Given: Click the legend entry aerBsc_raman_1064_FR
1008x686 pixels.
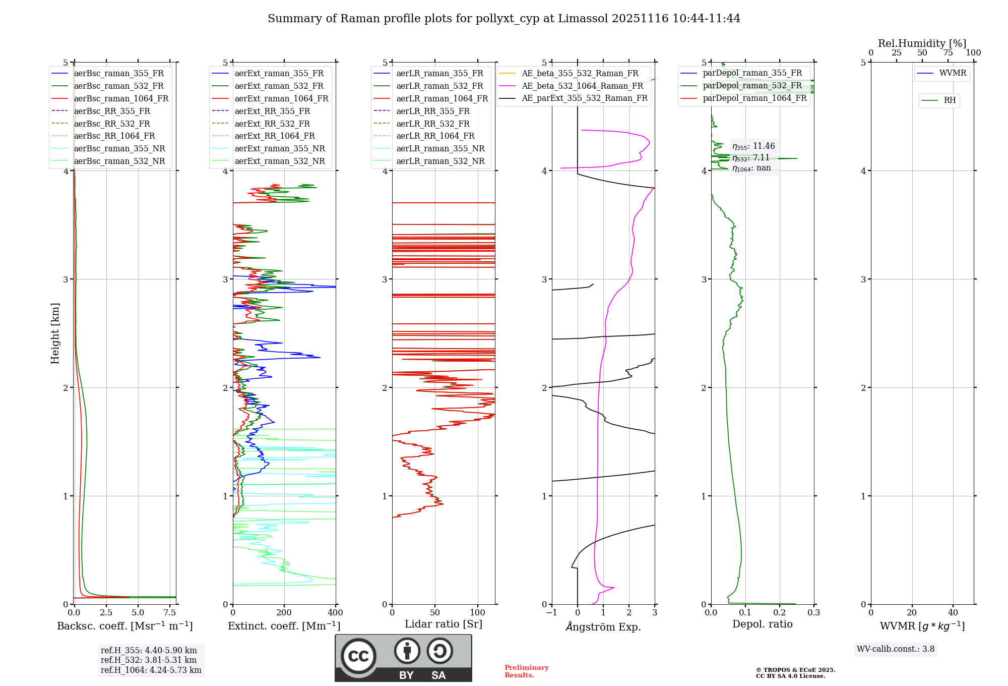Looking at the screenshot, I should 121,99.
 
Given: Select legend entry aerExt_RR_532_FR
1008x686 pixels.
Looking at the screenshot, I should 272,124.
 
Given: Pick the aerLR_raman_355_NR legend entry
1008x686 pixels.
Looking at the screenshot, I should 440,148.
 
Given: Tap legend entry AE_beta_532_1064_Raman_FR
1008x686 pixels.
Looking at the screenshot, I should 582,86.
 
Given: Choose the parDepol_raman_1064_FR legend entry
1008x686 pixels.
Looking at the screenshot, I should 754,98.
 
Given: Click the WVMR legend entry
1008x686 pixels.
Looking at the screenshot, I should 953,73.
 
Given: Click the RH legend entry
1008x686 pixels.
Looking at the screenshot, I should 950,100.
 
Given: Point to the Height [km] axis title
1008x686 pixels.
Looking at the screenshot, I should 55,333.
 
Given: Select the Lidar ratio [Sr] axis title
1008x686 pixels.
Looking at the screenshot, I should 444,624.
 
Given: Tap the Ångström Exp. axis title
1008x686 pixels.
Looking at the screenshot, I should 603,626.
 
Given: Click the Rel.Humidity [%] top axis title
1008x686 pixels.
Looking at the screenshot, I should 922,43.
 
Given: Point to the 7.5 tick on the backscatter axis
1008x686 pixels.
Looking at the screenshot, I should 170,612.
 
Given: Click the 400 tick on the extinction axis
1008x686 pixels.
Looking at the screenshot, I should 335,612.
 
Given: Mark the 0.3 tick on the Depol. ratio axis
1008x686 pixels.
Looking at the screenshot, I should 813,612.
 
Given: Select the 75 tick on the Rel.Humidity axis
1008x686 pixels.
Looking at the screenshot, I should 948,52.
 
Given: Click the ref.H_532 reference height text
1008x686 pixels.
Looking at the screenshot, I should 148,660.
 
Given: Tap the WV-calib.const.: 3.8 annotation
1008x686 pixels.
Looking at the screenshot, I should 895,649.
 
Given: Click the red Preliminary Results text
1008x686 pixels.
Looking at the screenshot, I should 526,671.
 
